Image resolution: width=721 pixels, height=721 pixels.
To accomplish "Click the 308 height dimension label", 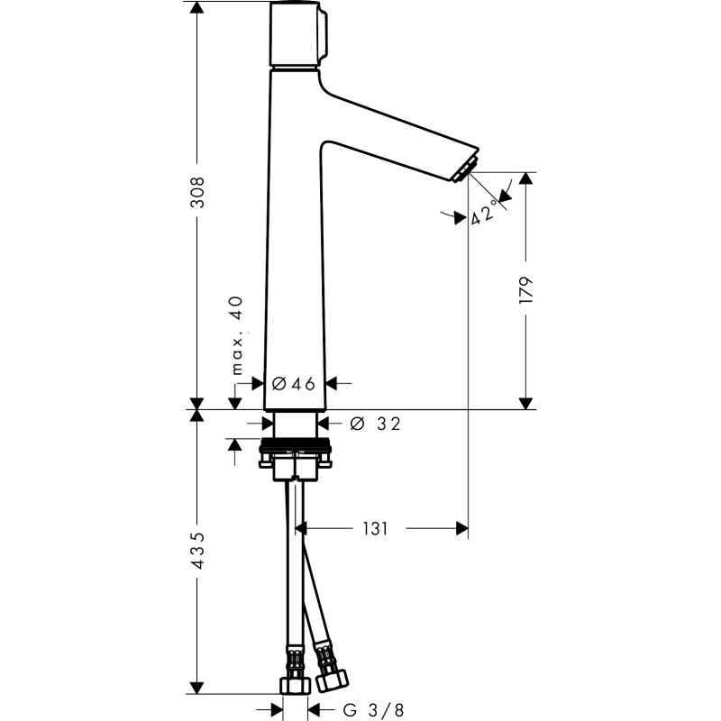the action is coord(197,192).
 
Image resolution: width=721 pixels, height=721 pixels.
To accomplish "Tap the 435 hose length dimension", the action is coord(197,551).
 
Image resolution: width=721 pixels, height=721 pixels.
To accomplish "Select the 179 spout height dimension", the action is coord(525,289).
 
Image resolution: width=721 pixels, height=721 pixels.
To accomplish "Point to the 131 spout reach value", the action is coord(375,529).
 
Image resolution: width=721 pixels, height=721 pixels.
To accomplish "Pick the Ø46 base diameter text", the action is coord(294,384).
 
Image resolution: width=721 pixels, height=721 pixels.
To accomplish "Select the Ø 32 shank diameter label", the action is coord(375,424).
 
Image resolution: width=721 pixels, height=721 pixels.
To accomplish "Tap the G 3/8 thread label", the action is coord(373,710).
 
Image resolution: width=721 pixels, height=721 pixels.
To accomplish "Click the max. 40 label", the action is coord(236,335).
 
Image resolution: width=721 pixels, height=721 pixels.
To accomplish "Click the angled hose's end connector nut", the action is coord(332,680).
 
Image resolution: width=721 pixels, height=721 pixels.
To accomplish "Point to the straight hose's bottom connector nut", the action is coord(296,685).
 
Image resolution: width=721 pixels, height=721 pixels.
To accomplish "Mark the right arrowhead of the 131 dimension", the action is coord(461,529).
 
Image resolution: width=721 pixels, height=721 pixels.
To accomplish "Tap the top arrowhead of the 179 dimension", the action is coord(525,178).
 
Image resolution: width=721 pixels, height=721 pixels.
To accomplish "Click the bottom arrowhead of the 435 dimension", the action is coord(197,688).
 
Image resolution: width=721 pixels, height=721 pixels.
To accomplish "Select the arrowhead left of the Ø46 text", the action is coord(258,383).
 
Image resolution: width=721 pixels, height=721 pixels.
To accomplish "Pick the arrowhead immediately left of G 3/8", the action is coord(314,710).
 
